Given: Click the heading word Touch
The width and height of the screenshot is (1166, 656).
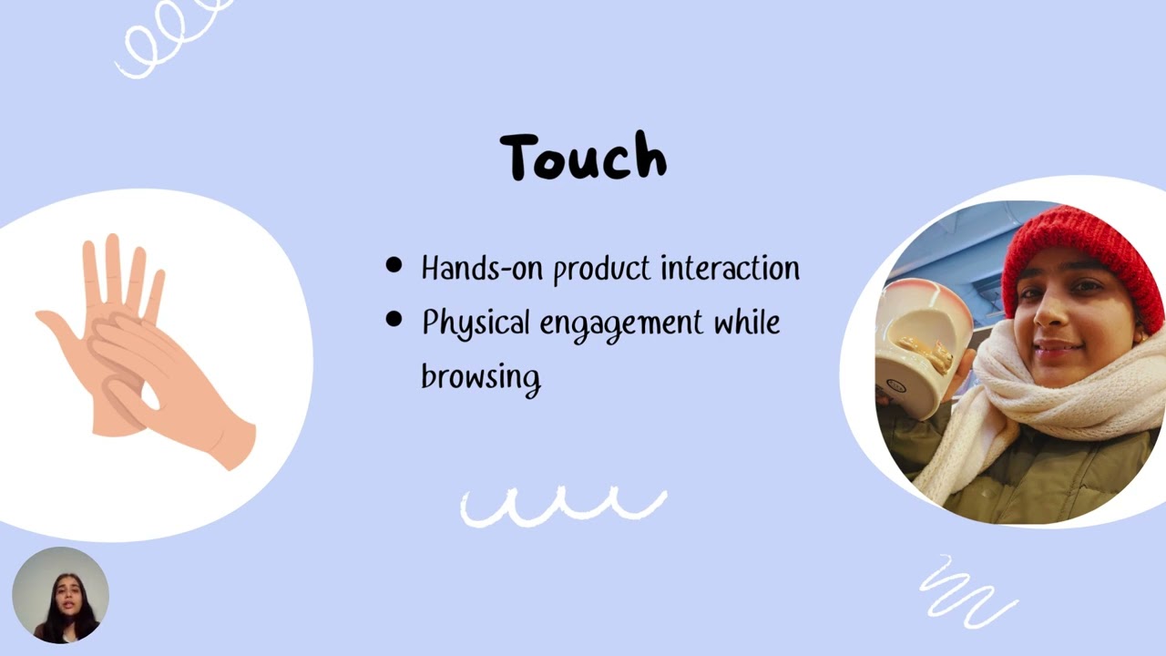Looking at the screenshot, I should click(583, 157).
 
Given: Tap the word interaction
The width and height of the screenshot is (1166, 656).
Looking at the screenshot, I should click(730, 268).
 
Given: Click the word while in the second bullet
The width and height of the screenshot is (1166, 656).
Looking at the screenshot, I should click(746, 322).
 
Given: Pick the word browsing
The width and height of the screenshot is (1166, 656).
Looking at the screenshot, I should click(480, 376).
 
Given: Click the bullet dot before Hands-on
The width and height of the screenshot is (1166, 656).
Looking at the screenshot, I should click(394, 265).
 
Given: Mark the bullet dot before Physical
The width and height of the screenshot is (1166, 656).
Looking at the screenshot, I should click(394, 320).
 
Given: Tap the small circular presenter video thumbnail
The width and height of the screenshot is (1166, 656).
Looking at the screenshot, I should click(60, 595).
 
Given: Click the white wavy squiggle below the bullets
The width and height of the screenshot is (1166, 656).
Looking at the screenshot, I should click(563, 507).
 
